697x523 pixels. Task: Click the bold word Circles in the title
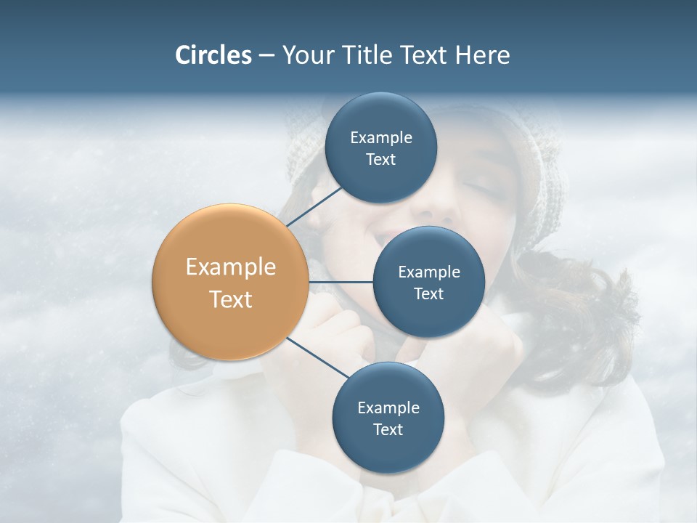(x=213, y=55)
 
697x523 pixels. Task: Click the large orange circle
(x=231, y=282)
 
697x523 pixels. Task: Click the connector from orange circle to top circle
(x=314, y=206)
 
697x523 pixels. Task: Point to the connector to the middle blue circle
(x=341, y=282)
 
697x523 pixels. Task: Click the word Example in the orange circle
(x=231, y=267)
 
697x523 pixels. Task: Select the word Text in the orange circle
(x=231, y=299)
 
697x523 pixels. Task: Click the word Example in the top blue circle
(x=380, y=137)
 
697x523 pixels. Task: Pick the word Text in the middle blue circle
(x=428, y=293)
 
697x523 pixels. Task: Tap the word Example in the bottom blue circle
(x=388, y=408)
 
